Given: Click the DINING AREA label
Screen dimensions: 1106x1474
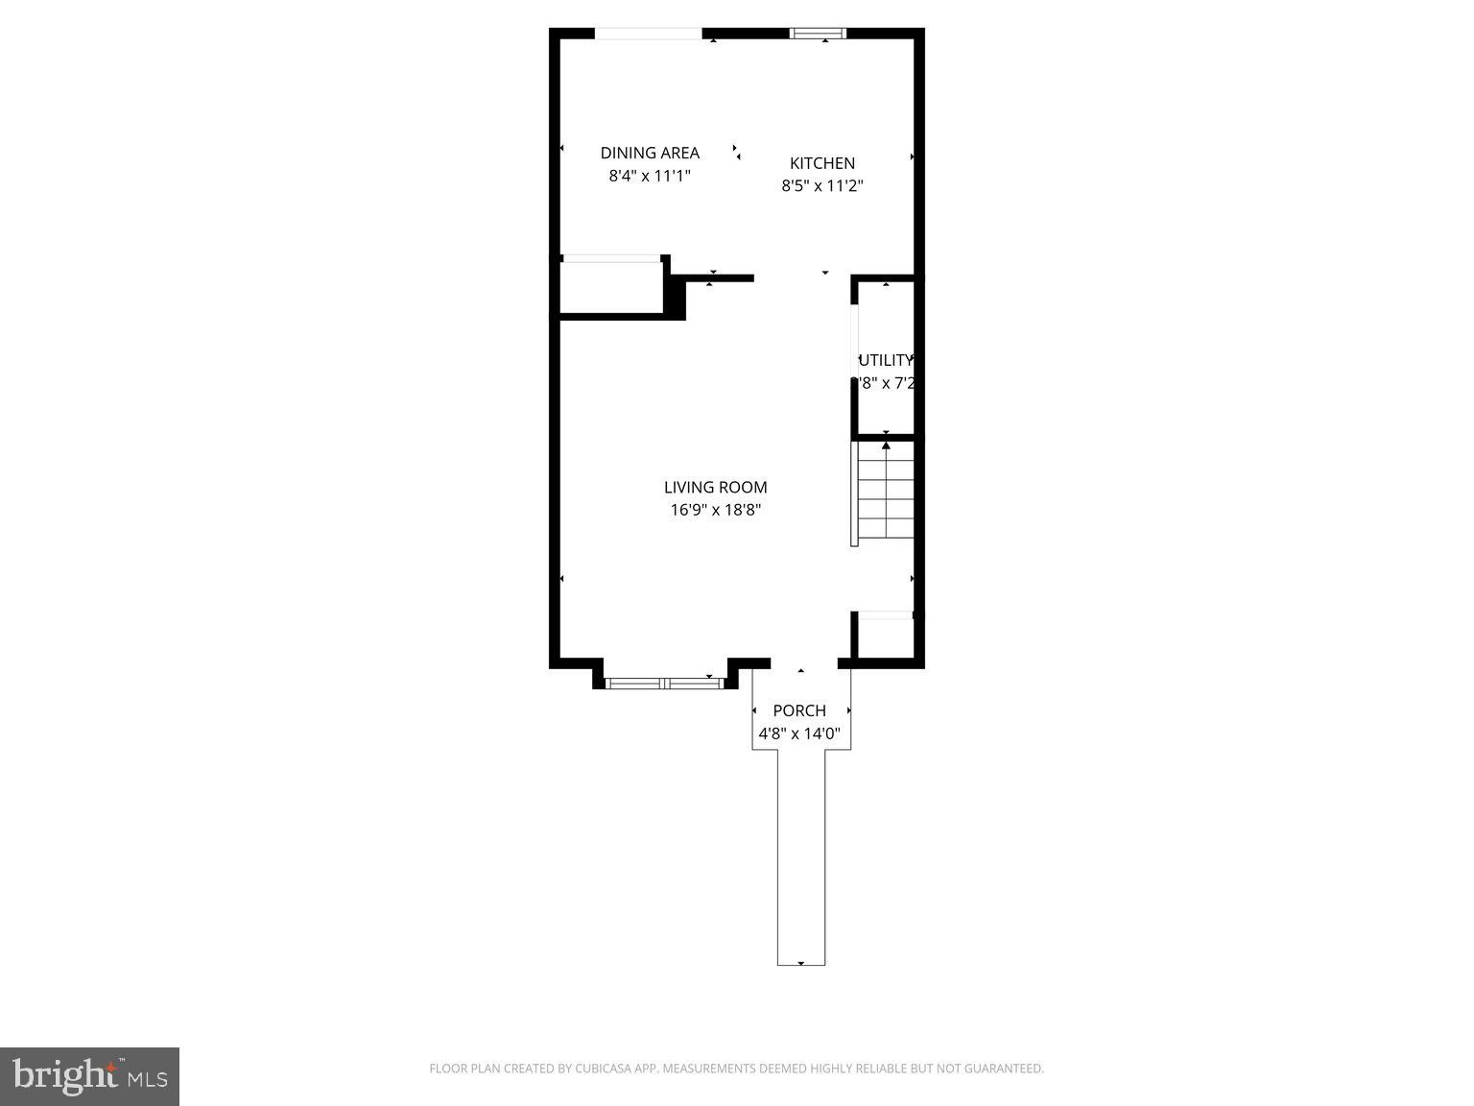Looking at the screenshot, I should pos(650,153).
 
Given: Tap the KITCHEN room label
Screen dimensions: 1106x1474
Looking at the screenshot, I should pos(821,163).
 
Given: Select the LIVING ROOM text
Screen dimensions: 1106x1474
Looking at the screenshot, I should pos(715,488).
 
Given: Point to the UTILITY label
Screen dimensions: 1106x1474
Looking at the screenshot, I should pos(885,361).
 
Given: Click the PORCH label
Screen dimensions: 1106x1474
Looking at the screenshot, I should pos(799,710).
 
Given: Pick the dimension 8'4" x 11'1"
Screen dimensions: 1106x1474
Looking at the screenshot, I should pos(650,177).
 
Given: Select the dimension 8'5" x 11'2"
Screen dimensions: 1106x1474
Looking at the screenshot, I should pos(821,186).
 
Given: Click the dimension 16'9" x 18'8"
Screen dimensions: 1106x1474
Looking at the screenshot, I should pos(715,511).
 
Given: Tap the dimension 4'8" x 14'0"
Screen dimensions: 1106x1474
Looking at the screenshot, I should pos(799,734).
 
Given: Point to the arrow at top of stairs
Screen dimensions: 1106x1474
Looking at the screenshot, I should pos(886,445).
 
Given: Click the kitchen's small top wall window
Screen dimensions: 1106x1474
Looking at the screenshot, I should pos(818,34).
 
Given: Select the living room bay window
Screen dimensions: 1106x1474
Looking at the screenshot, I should pos(664,684).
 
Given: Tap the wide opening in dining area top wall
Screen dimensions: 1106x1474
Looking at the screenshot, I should pos(649,35).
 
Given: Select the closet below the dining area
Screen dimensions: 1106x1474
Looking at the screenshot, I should pos(611,287).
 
